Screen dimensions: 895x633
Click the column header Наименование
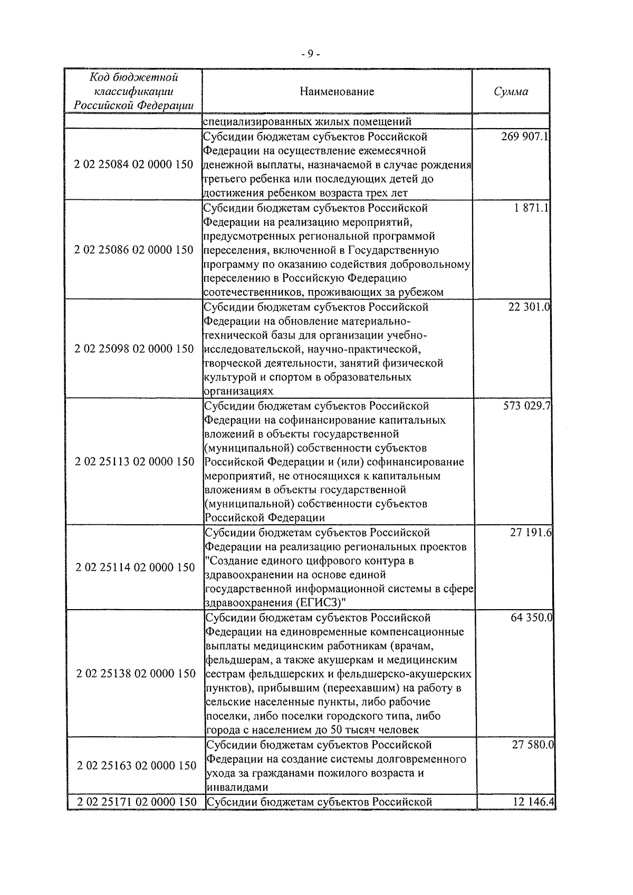tap(337, 92)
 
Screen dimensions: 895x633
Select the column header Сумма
tap(511, 92)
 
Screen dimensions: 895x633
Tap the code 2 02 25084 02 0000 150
tap(134, 165)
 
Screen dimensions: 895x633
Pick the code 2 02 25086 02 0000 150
tap(134, 250)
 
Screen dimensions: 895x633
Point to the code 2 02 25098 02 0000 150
tap(134, 349)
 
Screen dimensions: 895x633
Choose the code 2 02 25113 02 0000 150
tap(135, 462)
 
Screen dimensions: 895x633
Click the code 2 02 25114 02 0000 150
tap(135, 568)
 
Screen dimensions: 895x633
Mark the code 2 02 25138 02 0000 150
tap(136, 674)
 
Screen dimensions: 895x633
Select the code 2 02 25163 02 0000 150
tap(136, 766)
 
